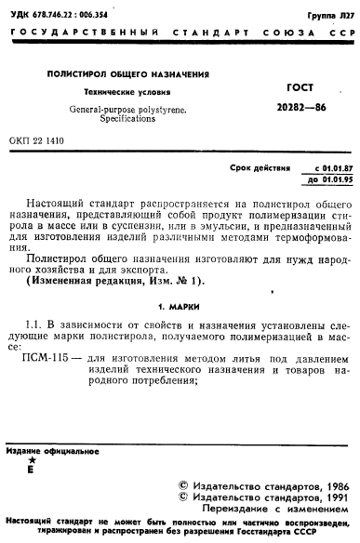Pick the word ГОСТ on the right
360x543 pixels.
pos(290,85)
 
